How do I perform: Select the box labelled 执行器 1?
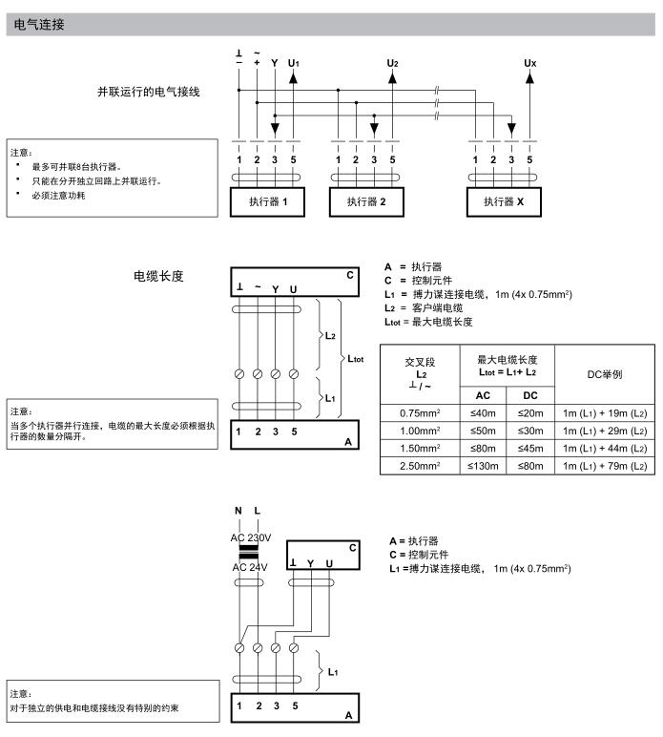click(x=268, y=202)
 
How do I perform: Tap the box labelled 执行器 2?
click(x=365, y=202)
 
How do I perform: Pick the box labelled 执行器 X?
click(x=504, y=202)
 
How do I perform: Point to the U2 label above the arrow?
click(x=392, y=63)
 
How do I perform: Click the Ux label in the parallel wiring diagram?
click(x=530, y=63)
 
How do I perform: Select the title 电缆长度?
click(x=158, y=277)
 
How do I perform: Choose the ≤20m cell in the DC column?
click(x=530, y=411)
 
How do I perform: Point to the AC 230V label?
click(x=252, y=537)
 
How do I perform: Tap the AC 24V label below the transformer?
click(x=252, y=567)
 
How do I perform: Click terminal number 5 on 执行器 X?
click(x=529, y=159)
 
